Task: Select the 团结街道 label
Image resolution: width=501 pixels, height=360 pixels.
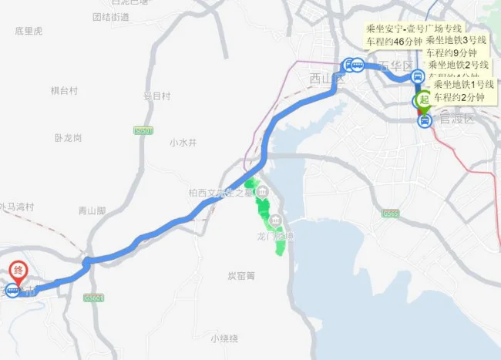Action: (110, 16)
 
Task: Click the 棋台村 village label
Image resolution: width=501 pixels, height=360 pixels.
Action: (65, 91)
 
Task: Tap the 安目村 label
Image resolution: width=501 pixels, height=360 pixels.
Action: (156, 96)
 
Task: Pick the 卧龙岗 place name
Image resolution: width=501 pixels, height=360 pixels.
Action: (68, 138)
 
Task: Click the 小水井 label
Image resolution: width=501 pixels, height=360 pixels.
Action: (183, 143)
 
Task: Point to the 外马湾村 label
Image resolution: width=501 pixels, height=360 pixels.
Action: (17, 207)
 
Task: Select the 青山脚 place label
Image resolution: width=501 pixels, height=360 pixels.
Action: (92, 210)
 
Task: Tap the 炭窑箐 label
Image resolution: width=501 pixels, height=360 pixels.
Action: (241, 275)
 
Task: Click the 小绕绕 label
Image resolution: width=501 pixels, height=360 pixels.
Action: (224, 338)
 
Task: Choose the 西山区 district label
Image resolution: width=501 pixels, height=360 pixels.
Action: (324, 78)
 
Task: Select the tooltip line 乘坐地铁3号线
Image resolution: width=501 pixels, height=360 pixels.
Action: (456, 40)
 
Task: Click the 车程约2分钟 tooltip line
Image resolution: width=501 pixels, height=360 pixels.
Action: (459, 97)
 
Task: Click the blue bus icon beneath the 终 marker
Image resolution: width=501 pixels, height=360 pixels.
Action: (12, 291)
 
